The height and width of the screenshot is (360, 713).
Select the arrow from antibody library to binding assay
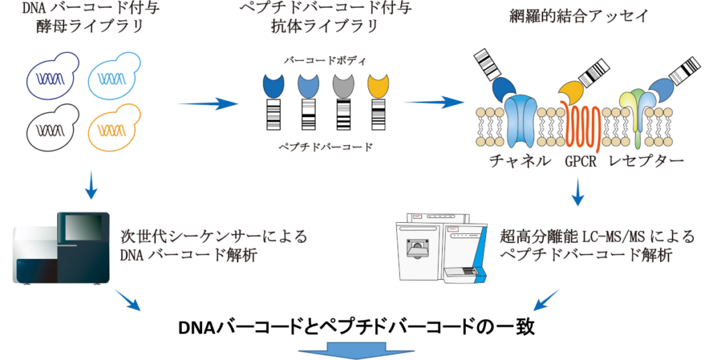pyautogui.click(x=434, y=102)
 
